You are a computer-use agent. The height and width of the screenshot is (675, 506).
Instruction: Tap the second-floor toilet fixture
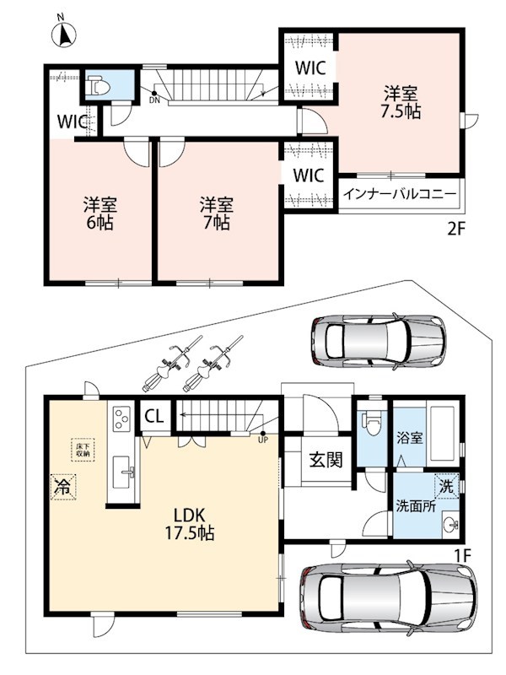[x=98, y=86]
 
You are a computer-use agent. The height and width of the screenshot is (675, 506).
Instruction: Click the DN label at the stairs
[x=154, y=100]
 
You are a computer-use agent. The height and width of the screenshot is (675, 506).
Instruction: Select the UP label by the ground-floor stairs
[x=262, y=440]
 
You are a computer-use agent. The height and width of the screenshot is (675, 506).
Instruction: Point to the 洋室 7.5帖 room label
[x=401, y=101]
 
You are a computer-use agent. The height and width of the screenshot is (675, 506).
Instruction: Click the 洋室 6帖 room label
[x=100, y=213]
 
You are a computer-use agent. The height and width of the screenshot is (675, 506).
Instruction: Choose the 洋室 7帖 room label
[x=217, y=213]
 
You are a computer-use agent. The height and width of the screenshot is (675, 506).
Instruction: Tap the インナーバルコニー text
[x=399, y=194]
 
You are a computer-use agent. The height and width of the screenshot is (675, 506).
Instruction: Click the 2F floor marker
[x=456, y=229]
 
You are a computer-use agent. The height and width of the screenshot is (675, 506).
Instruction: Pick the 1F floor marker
[x=463, y=555]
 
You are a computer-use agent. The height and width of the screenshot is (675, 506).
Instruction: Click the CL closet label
[x=154, y=416]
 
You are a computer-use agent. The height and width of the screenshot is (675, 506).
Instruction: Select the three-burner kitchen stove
[x=122, y=418]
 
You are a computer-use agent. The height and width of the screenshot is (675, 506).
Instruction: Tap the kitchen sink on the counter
[x=123, y=472]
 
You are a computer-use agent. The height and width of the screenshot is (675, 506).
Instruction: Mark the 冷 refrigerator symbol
[x=63, y=487]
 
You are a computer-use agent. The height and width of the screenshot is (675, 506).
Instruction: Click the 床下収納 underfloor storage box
[x=83, y=450]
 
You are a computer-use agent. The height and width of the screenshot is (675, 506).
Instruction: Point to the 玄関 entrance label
[x=326, y=460]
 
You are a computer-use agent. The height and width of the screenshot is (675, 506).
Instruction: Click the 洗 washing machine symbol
[x=447, y=486]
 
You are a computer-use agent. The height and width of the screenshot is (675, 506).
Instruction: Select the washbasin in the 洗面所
[x=452, y=524]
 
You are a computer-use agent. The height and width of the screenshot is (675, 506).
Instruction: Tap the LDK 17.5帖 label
[x=190, y=524]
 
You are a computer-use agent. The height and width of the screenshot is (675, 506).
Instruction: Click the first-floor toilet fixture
[x=372, y=423]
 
